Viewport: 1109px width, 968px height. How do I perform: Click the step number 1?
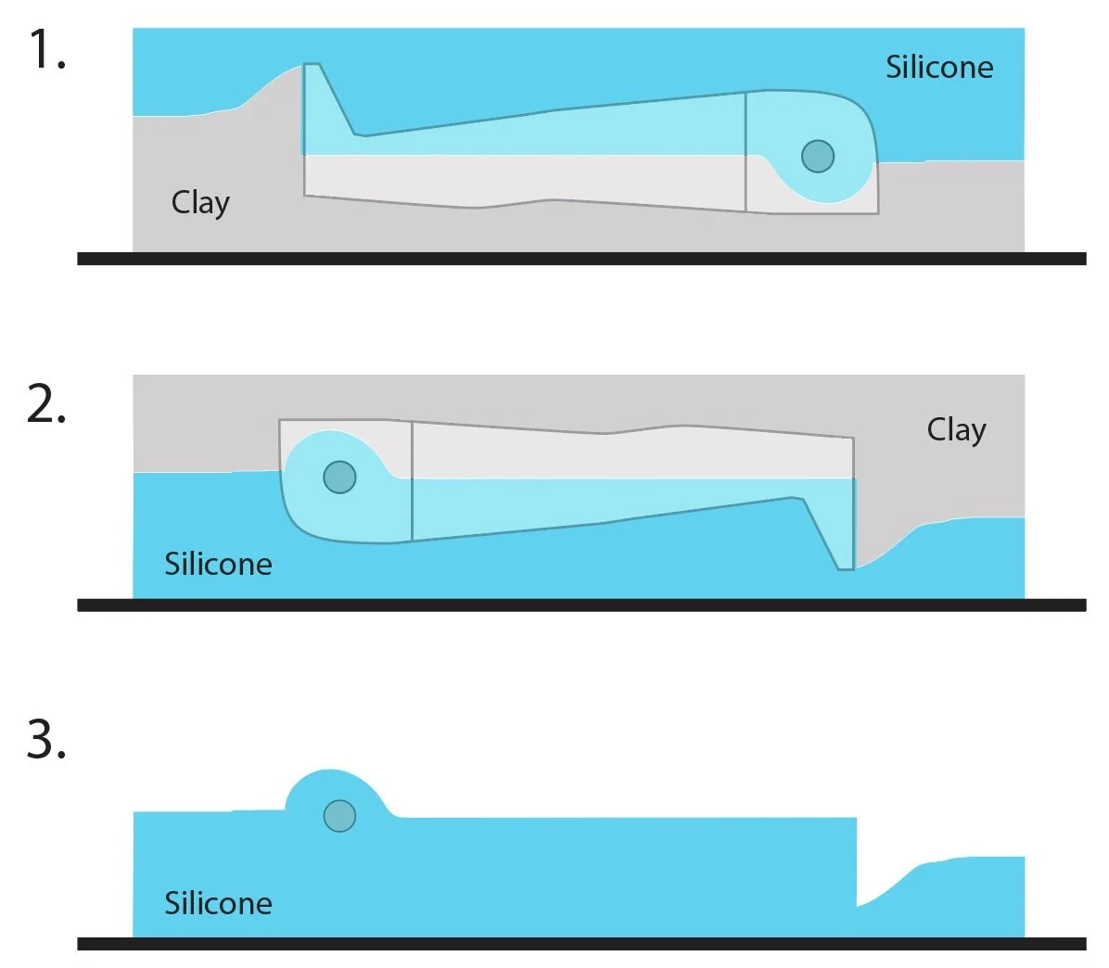click(45, 51)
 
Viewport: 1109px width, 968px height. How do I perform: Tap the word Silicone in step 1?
click(938, 67)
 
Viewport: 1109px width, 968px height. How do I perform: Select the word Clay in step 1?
click(200, 202)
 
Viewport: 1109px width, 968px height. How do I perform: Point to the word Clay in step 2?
click(956, 430)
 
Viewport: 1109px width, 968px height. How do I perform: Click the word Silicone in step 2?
click(218, 564)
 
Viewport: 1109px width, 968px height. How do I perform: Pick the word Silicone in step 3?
click(218, 903)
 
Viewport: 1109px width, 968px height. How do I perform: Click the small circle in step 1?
click(817, 156)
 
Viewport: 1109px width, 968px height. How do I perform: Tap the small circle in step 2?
click(339, 477)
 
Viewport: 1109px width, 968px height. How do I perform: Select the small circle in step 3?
click(339, 816)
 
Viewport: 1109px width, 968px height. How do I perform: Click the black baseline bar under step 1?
click(581, 259)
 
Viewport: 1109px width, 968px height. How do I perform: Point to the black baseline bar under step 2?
click(581, 605)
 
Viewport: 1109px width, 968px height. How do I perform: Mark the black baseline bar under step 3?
click(581, 944)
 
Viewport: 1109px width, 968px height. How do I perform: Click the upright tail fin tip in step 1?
click(312, 68)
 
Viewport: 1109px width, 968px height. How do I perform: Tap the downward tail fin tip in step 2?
click(845, 566)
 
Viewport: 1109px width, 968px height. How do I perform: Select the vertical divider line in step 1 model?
click(746, 152)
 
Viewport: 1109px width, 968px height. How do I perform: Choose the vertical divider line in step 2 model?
click(412, 480)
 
